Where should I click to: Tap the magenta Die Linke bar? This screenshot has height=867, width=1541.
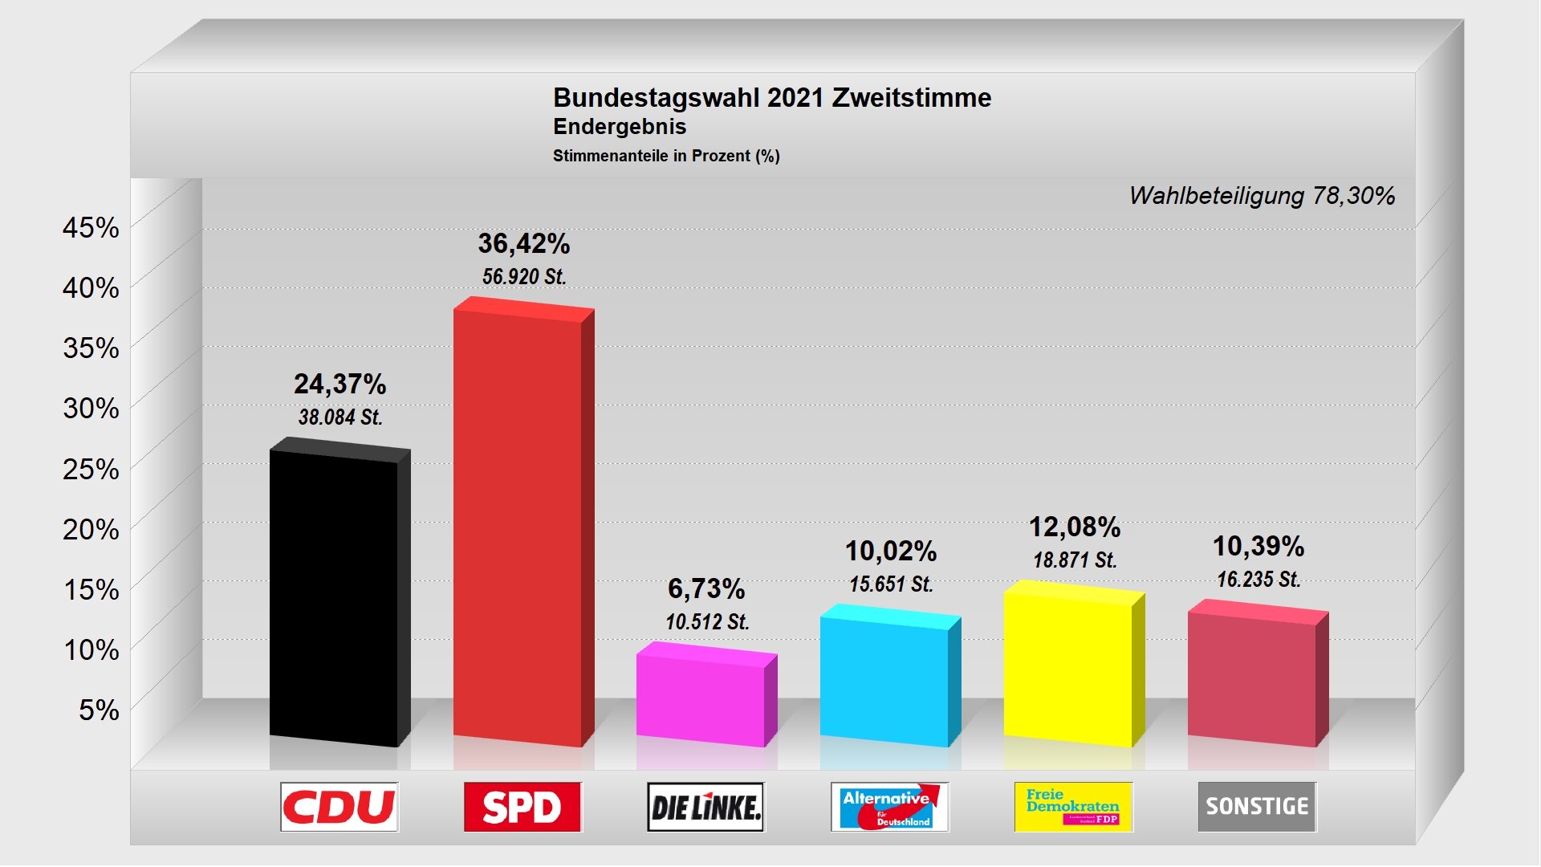pos(701,698)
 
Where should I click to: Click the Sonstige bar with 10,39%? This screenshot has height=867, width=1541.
pos(1252,678)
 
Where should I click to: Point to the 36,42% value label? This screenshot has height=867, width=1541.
pos(524,243)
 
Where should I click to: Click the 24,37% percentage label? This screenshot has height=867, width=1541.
pos(340,384)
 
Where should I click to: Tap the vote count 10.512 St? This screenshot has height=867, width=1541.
pos(707,622)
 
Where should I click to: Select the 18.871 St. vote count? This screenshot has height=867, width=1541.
pos(1075,560)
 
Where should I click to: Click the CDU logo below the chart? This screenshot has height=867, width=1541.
pos(340,807)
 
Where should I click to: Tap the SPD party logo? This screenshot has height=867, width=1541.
pos(522,807)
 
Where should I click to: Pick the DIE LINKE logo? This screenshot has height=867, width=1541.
pos(706,807)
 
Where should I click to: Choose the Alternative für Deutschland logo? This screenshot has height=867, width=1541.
pos(889,807)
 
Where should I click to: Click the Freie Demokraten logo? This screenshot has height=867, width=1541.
pos(1073,807)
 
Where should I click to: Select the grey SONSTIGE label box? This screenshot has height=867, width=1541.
pos(1257,807)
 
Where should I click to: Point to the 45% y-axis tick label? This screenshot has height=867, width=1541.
pos(91,228)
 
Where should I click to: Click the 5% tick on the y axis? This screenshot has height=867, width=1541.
pos(99,710)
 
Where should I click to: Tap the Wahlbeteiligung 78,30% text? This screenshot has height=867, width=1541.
pos(1262,196)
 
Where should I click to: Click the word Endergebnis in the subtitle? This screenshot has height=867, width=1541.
pos(620,127)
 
